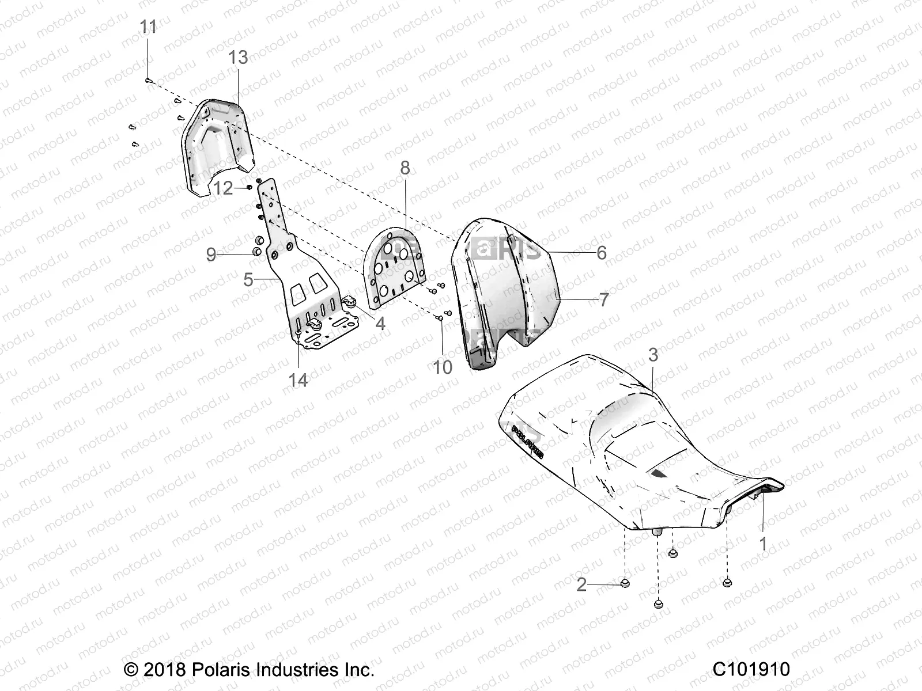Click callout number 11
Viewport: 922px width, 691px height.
click(x=149, y=28)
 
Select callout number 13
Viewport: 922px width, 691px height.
click(x=238, y=58)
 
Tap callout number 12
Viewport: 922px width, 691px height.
click(x=223, y=188)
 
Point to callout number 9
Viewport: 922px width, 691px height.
click(x=211, y=254)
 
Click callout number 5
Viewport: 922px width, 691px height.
click(x=248, y=280)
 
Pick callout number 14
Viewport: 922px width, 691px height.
click(x=298, y=380)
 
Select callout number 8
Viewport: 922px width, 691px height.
click(x=405, y=168)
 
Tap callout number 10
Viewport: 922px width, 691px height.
click(x=443, y=367)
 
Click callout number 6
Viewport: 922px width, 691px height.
click(x=602, y=252)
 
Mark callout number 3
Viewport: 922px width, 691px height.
click(x=653, y=355)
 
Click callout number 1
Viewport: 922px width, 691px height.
click(x=764, y=544)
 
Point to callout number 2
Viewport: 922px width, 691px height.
click(x=581, y=585)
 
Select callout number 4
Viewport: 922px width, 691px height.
click(x=380, y=324)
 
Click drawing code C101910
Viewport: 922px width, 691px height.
click(x=751, y=670)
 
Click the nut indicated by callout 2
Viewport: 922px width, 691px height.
click(x=625, y=584)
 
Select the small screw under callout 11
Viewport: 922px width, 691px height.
click(x=148, y=81)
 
